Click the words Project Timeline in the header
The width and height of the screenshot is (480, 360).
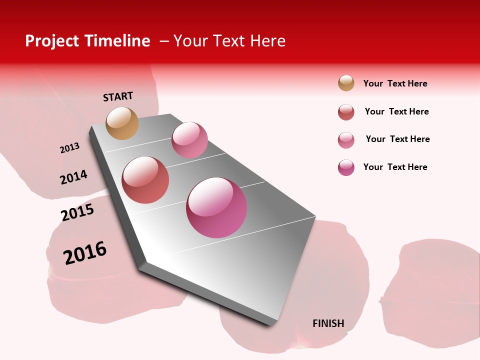tap(87, 41)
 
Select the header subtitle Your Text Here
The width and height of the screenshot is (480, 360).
tap(229, 41)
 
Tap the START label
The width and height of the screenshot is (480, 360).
tap(118, 96)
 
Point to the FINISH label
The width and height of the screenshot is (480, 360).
tap(328, 323)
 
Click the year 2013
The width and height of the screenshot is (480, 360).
tap(69, 148)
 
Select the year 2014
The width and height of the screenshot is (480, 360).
tap(73, 177)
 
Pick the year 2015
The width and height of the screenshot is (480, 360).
tap(77, 212)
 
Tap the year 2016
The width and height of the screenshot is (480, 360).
tap(85, 253)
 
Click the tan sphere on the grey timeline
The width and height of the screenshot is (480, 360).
tap(122, 123)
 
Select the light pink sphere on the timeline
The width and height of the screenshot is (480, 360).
tap(189, 140)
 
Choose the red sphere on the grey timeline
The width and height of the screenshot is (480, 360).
tap(145, 180)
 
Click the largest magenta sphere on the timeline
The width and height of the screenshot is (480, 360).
tap(216, 207)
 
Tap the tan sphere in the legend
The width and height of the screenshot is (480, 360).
tap(346, 83)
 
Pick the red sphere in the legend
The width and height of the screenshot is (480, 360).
tap(346, 112)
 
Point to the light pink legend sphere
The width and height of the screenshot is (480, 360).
tap(346, 140)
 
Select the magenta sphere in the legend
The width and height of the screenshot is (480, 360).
tap(346, 167)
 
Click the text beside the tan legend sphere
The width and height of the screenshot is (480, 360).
tap(395, 83)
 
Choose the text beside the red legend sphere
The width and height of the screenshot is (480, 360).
tap(396, 111)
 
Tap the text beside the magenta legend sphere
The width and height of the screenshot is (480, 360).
tap(395, 167)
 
